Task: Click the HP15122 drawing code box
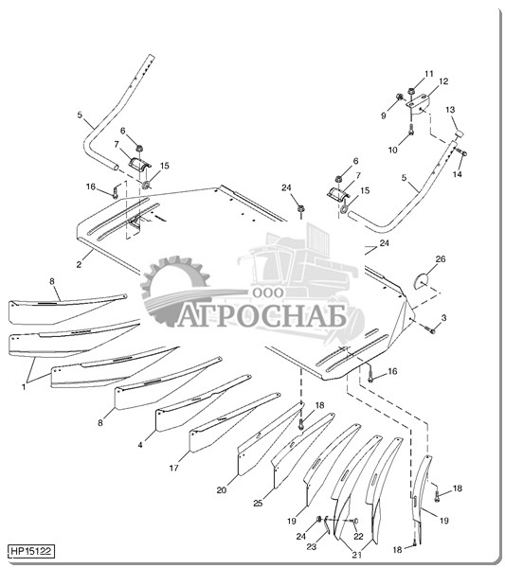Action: pyautogui.click(x=31, y=552)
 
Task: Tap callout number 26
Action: pyautogui.click(x=441, y=259)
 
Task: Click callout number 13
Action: pyautogui.click(x=450, y=110)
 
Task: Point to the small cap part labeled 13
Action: pyautogui.click(x=460, y=134)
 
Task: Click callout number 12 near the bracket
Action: pyautogui.click(x=443, y=81)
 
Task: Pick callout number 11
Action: pyautogui.click(x=429, y=74)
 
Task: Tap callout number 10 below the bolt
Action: pyautogui.click(x=393, y=150)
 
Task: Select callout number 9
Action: pyautogui.click(x=384, y=115)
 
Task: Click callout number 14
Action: pyautogui.click(x=458, y=174)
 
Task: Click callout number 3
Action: pyautogui.click(x=443, y=318)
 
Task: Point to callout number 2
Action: pyautogui.click(x=79, y=264)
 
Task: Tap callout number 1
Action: pyautogui.click(x=24, y=387)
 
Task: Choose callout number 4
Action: pyautogui.click(x=140, y=445)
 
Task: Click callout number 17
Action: pyautogui.click(x=174, y=468)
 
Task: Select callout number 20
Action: pyautogui.click(x=222, y=490)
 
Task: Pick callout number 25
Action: pyautogui.click(x=258, y=504)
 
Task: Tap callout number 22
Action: pyautogui.click(x=358, y=536)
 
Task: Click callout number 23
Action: pyautogui.click(x=312, y=546)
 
